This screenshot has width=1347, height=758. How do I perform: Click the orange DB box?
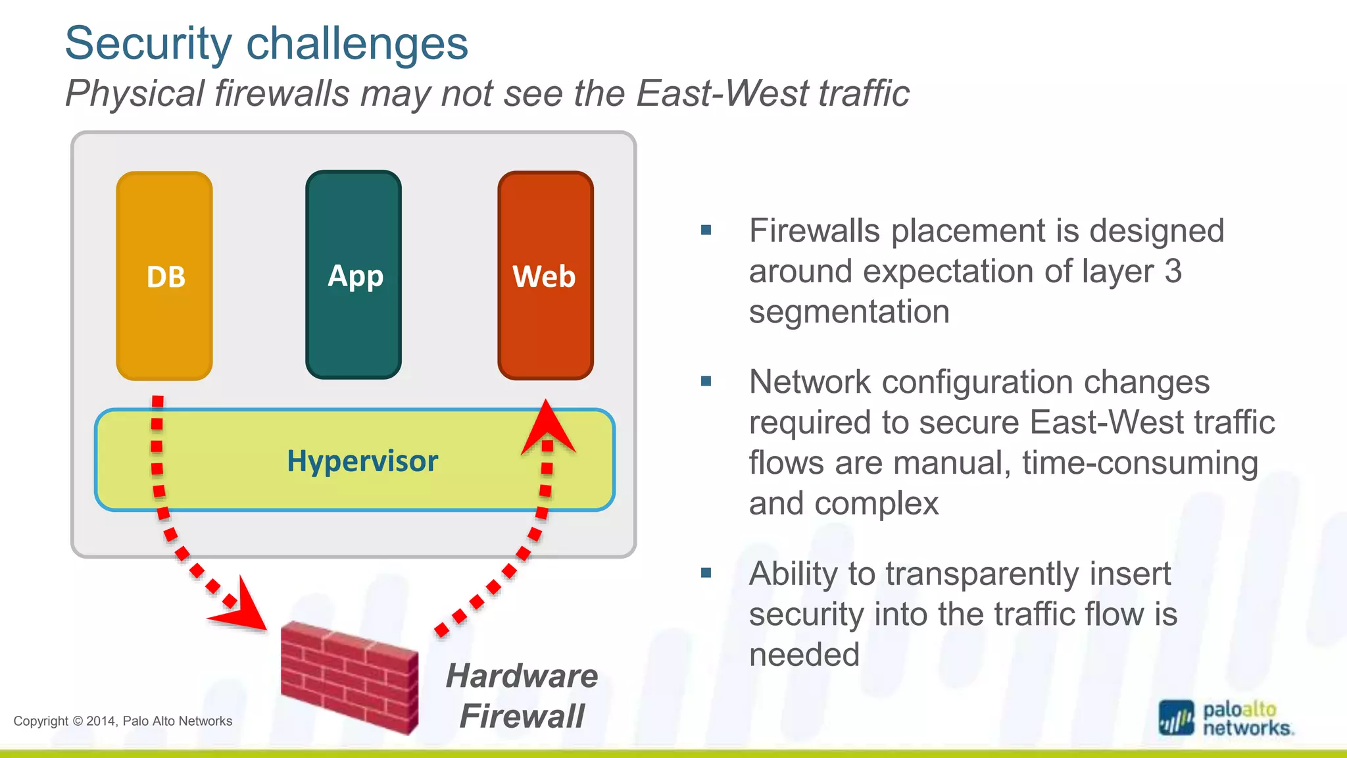pos(164,276)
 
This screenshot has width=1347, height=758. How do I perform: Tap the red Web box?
pos(545,276)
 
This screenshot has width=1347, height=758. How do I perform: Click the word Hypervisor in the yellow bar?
pos(362,461)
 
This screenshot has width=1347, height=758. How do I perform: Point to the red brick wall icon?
pos(349,678)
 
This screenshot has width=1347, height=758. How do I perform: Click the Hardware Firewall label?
pos(522,696)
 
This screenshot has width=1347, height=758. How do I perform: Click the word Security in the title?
pos(149,43)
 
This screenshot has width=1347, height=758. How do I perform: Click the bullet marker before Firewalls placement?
pos(706,230)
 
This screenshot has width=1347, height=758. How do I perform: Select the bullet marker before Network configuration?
pos(706,382)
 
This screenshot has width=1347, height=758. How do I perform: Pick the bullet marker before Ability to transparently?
pos(706,573)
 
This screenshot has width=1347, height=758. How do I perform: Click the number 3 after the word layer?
pos(1173,271)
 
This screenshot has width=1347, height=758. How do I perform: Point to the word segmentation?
pos(849,312)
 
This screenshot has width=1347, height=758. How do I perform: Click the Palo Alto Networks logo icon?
pos(1176,718)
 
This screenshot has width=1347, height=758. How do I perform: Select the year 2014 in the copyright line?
pos(101,721)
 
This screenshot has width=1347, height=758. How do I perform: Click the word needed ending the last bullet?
pos(804,655)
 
